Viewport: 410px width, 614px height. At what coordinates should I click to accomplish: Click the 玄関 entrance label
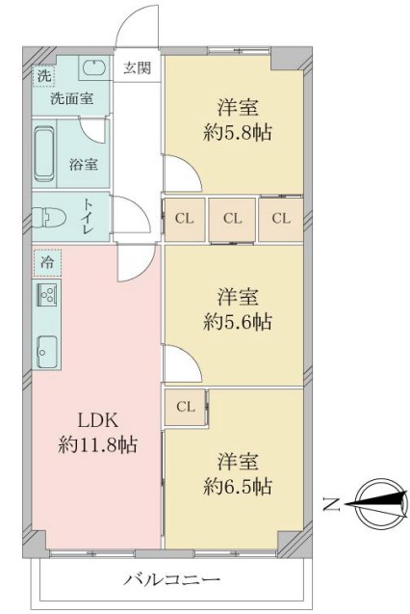click(137, 68)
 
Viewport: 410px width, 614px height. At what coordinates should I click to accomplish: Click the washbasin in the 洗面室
click(93, 67)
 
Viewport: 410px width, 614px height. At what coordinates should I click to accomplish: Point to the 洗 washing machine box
click(43, 76)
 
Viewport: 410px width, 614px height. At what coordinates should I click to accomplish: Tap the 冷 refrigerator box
click(47, 262)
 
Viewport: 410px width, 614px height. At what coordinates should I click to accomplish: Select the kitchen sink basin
click(47, 351)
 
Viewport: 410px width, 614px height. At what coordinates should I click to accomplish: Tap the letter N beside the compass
click(331, 504)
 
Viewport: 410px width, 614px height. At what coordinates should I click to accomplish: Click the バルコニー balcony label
click(172, 578)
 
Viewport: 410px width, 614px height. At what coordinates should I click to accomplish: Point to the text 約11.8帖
click(98, 445)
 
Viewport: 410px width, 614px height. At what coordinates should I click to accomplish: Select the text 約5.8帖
click(238, 133)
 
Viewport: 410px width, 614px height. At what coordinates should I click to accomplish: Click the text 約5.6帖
click(238, 322)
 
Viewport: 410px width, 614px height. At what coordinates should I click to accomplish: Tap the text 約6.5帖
click(238, 487)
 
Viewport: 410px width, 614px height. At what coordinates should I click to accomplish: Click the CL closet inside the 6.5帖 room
click(186, 407)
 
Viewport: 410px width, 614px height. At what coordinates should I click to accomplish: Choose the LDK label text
click(98, 421)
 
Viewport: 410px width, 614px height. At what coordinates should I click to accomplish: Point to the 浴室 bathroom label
click(84, 164)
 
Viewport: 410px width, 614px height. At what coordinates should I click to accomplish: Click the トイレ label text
click(87, 217)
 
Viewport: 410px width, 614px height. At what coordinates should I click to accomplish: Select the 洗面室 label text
click(72, 98)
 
